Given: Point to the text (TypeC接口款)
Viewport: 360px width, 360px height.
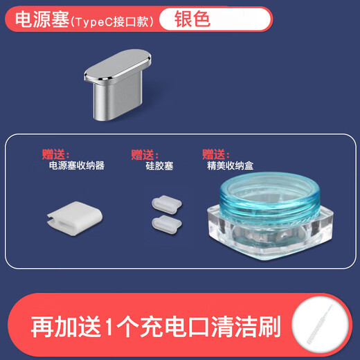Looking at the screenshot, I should tap(111, 21).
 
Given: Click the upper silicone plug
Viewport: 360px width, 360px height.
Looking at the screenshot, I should tap(163, 202).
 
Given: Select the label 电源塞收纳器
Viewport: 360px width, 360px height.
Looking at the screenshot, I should tap(76, 166).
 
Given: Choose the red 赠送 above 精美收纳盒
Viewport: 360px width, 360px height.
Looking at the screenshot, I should tap(215, 154).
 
